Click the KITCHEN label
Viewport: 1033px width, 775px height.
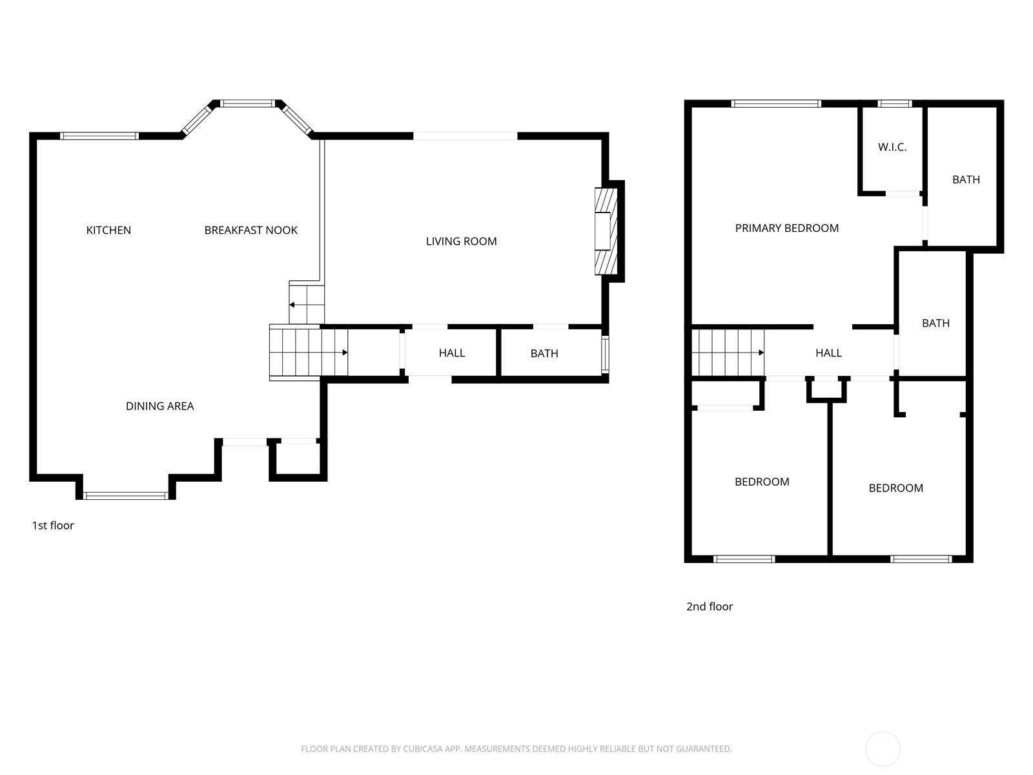click(108, 230)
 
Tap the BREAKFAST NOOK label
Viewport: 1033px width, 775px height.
click(251, 230)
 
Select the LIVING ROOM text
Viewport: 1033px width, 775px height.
click(461, 242)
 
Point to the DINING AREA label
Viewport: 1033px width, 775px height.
click(159, 406)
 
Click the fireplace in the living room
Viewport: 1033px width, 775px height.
click(606, 231)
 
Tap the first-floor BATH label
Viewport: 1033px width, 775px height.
click(544, 353)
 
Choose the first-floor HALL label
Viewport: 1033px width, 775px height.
click(452, 353)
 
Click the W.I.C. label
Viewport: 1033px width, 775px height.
click(892, 147)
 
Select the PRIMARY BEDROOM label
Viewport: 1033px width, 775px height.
click(787, 228)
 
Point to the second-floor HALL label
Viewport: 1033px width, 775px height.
click(828, 353)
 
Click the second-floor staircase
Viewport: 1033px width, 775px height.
click(728, 353)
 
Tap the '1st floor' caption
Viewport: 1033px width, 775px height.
click(53, 525)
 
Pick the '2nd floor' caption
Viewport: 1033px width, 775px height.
click(709, 606)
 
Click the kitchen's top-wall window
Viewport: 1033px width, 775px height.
click(99, 136)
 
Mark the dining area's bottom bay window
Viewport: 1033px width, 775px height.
click(126, 495)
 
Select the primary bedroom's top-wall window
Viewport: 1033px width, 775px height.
click(776, 104)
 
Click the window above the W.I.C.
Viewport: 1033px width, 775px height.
click(895, 104)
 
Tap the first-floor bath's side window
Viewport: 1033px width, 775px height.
click(605, 355)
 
